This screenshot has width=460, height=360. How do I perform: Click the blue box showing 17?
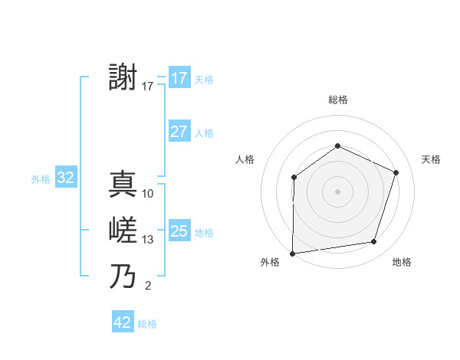point(179,78)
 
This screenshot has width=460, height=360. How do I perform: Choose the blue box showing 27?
point(179,132)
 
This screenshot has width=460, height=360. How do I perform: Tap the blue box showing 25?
point(179,231)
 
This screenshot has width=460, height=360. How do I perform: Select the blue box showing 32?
point(66,178)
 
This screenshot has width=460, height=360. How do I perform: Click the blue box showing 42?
point(123,322)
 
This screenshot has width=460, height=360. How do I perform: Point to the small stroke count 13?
point(148,240)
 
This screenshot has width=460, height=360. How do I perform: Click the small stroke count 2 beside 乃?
point(148,286)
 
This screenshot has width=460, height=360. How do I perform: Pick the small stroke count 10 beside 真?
point(148,194)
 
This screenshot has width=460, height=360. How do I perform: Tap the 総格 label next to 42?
point(148,324)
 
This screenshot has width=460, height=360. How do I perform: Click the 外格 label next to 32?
point(41,179)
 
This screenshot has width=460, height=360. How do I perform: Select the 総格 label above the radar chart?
point(337,100)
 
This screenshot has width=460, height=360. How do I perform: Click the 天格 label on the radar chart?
point(431,159)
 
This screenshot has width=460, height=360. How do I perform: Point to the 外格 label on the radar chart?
point(270,262)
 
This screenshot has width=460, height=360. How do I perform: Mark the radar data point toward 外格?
point(292,254)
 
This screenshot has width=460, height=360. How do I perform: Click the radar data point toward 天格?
point(396,172)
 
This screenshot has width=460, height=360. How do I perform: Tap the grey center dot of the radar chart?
point(337,191)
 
